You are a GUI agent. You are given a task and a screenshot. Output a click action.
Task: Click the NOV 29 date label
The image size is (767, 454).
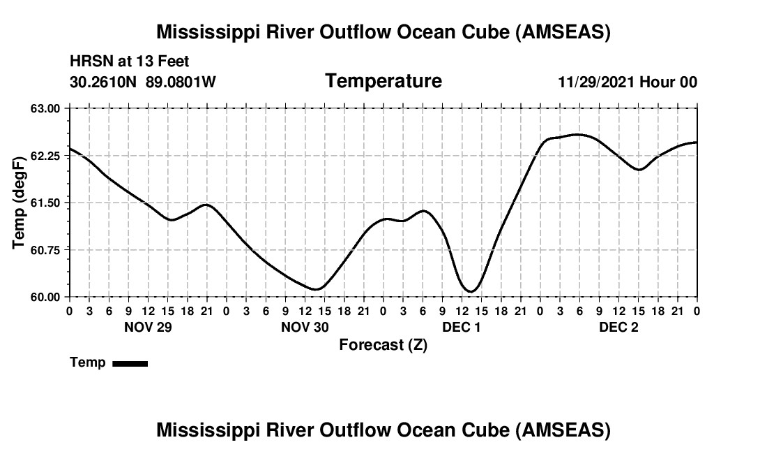148,327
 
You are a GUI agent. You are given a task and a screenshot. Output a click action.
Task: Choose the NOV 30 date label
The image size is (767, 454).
305,327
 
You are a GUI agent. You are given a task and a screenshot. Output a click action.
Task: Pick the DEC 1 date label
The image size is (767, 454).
462,327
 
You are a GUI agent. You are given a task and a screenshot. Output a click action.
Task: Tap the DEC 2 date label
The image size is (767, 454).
618,327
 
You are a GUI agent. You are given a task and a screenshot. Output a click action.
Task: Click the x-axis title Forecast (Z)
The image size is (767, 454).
383,344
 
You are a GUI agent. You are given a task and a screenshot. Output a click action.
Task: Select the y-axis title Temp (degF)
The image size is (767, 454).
20,203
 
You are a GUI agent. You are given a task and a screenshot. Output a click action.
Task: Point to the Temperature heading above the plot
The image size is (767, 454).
383,81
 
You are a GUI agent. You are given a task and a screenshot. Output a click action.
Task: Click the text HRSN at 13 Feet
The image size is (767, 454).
130,62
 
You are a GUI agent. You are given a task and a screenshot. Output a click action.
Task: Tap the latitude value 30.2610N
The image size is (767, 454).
104,82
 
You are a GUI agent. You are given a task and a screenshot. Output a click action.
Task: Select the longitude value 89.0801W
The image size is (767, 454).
181,82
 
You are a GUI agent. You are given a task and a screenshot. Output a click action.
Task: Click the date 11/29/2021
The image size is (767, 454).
596,82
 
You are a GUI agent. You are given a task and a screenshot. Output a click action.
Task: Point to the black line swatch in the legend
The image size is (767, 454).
130,363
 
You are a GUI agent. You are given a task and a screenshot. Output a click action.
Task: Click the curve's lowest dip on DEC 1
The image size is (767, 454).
471,291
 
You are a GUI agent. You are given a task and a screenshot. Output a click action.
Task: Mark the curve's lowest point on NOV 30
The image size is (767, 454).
317,289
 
